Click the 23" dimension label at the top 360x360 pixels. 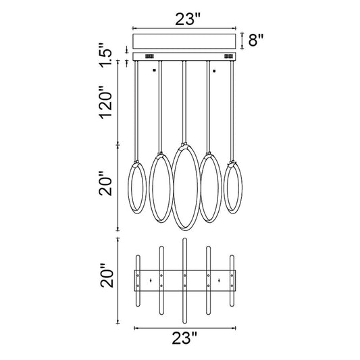coord(188,19)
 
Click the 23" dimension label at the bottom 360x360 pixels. coord(185,338)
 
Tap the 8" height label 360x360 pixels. coord(256,40)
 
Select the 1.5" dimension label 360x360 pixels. coord(105,55)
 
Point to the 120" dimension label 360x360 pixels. coord(105,103)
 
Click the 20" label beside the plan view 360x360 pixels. coord(107,276)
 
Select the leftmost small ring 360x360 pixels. coord(128,187)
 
